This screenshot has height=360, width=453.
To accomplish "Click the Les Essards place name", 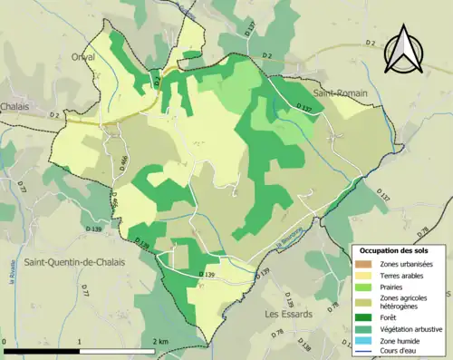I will coord(288,314).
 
